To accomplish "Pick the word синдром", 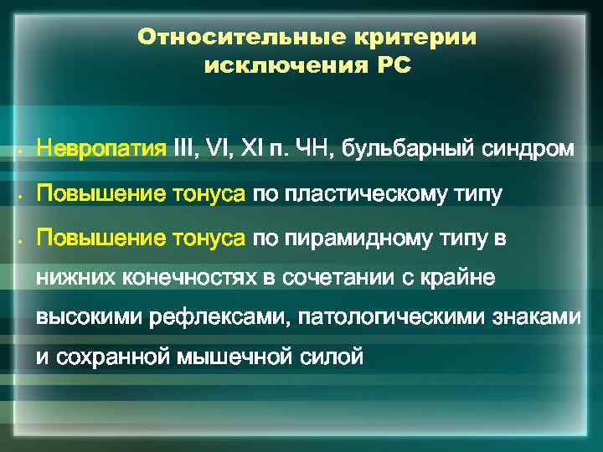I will coord(529,150).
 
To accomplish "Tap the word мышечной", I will coord(235,358).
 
